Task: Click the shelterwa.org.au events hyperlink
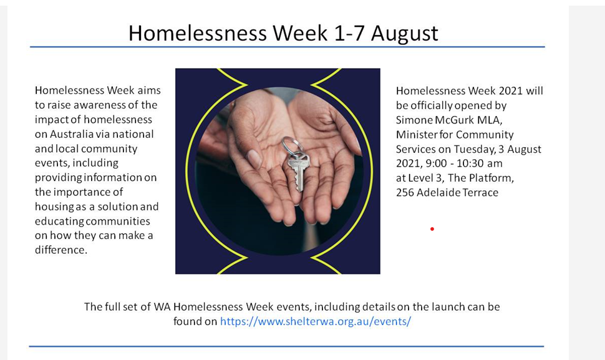[x=316, y=321]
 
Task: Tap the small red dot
[x=432, y=229]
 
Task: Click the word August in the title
[x=404, y=34]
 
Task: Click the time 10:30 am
[x=480, y=163]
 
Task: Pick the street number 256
[x=405, y=193]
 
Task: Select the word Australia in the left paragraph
[x=71, y=134]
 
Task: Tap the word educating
[x=59, y=222]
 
